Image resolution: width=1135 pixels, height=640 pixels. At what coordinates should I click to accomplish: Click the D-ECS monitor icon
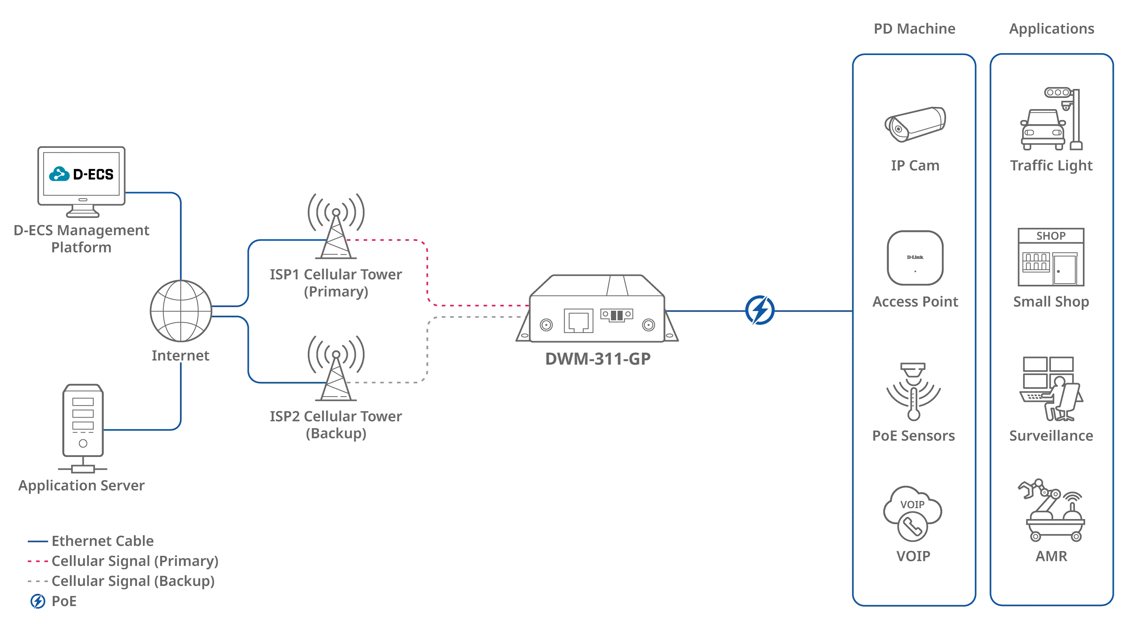(x=82, y=182)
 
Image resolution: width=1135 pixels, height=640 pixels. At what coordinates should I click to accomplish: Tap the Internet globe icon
(x=181, y=311)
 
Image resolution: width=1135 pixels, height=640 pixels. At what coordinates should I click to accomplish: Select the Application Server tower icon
(x=83, y=428)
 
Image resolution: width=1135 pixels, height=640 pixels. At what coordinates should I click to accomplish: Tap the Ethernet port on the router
(x=579, y=321)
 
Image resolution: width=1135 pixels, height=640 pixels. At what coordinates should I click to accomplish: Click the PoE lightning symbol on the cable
(x=760, y=310)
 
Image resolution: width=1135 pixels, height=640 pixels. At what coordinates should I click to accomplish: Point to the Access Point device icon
(x=915, y=258)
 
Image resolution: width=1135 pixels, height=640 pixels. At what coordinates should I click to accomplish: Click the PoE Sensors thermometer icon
(x=914, y=391)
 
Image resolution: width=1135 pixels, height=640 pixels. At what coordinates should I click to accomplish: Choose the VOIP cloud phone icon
(x=913, y=514)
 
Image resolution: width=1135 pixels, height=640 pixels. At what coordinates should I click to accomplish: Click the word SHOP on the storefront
(x=1051, y=236)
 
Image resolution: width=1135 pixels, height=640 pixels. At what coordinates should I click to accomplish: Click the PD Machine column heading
(x=915, y=29)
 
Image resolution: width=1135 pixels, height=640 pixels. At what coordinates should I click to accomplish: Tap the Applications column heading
(x=1052, y=29)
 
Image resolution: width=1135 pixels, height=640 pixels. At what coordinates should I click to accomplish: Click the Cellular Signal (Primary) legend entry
(x=123, y=561)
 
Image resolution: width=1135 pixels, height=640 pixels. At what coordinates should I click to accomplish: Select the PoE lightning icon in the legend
(x=38, y=601)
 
